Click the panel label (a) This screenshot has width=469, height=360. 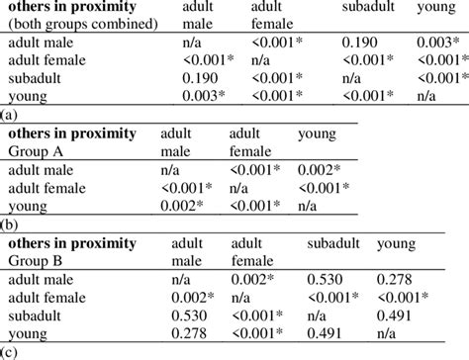coord(10,114)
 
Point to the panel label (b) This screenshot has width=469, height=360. coord(10,225)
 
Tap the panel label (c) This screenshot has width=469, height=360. coord(10,352)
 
